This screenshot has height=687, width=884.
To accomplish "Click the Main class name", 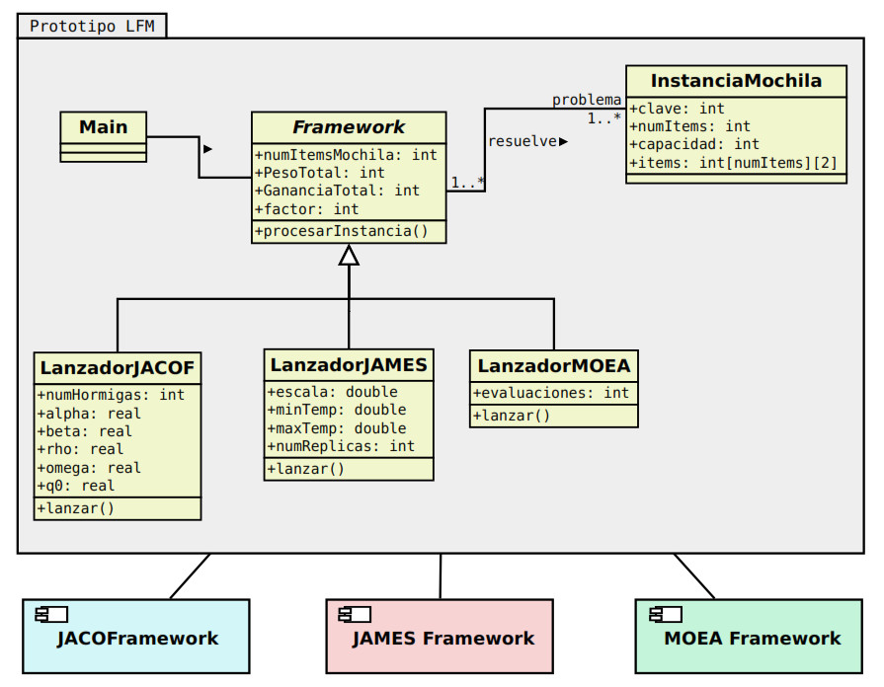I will click(x=103, y=126).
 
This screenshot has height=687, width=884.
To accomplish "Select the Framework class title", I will click(x=349, y=127).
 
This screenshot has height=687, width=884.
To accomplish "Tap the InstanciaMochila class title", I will click(x=736, y=81).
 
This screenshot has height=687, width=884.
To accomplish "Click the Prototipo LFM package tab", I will click(x=92, y=26).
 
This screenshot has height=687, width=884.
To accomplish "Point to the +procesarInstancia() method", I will click(x=342, y=232).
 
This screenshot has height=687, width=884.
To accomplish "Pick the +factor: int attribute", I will click(x=307, y=209).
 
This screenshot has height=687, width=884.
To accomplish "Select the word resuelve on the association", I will click(x=522, y=141).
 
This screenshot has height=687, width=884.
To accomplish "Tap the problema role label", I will click(x=587, y=100).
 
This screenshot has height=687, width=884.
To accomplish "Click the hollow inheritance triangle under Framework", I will click(x=349, y=255).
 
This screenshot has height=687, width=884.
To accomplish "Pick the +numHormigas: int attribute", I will click(x=111, y=395).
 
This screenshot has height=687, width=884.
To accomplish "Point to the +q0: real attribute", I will click(x=76, y=486).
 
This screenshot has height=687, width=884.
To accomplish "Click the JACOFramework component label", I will click(x=137, y=638).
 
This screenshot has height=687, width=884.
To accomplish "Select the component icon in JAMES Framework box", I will click(x=354, y=615).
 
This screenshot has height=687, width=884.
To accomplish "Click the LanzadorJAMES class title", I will click(x=349, y=365).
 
